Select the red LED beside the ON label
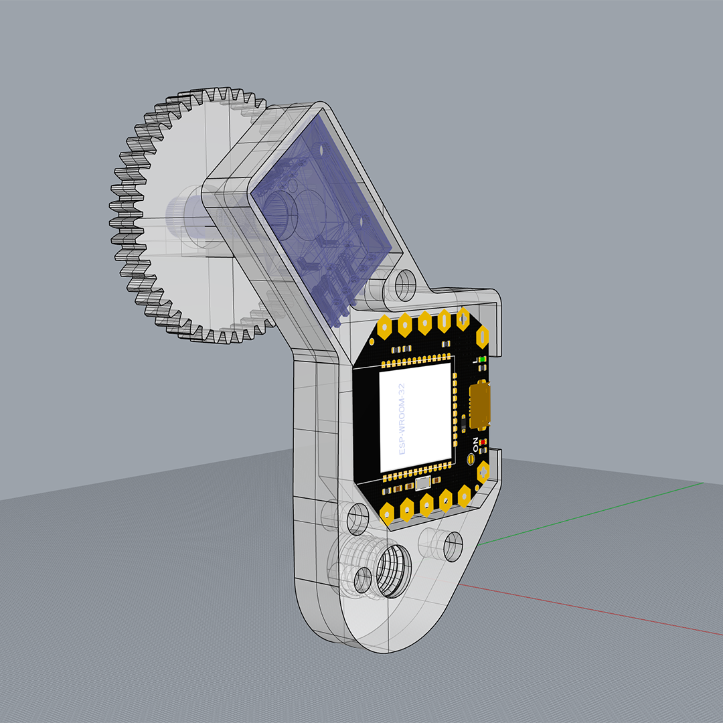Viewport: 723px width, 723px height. point(482,443)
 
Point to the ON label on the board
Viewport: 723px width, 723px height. point(475,443)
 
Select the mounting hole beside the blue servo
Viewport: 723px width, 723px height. point(405,284)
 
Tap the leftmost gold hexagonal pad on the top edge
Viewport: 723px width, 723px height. point(386,327)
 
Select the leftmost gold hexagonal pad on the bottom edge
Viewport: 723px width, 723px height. point(387,513)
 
